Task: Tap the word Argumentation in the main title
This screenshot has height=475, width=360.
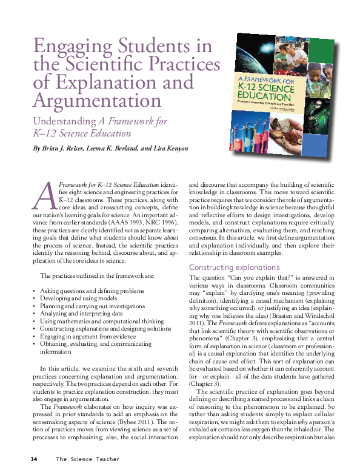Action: [97, 99]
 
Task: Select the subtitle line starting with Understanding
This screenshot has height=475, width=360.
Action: [99, 121]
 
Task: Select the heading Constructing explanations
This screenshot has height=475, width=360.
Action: [234, 268]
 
